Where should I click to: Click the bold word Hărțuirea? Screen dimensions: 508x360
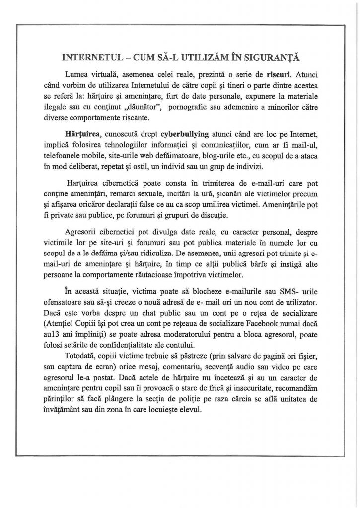tap(81, 135)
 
